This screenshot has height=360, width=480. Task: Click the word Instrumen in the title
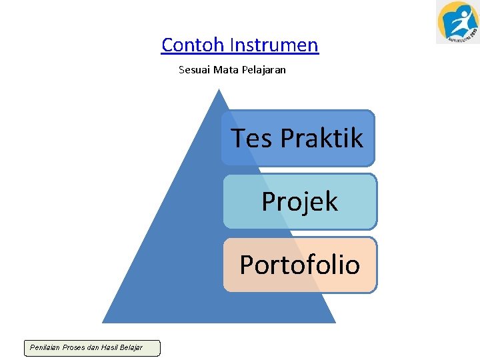[x=274, y=45]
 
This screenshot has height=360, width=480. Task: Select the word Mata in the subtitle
[x=225, y=69]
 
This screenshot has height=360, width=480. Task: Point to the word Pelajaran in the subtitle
[x=263, y=69]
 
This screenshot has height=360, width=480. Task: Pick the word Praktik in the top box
[x=321, y=138]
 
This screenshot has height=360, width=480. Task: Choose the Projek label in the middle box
[x=299, y=201]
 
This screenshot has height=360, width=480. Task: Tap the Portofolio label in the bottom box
[x=299, y=265]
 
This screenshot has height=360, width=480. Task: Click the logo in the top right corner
[x=457, y=22]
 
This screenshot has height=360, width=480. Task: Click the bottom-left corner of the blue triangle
[x=103, y=322]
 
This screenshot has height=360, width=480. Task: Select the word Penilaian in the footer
[x=44, y=347]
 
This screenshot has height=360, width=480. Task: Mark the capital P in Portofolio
[x=246, y=265]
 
